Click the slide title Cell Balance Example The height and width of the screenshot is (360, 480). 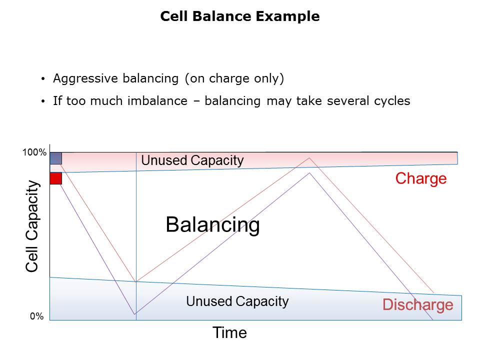click(x=239, y=16)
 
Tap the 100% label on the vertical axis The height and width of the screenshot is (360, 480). click(x=34, y=153)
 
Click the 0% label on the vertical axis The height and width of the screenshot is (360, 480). click(x=36, y=316)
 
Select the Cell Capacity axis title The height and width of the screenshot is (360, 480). click(x=32, y=226)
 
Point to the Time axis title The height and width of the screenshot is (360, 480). click(x=229, y=332)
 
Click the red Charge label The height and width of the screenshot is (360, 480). click(x=421, y=178)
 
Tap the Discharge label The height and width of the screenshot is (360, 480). click(x=418, y=304)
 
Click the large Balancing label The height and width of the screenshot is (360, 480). click(x=212, y=225)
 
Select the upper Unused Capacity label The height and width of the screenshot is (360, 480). click(x=192, y=160)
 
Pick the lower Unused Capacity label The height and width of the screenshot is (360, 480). click(x=237, y=301)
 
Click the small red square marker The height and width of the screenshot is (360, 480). click(x=55, y=178)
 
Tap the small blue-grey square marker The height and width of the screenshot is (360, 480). click(x=55, y=158)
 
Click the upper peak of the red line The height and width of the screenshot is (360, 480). click(x=310, y=158)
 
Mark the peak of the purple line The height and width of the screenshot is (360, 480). click(x=310, y=173)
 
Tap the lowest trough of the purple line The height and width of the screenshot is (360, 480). click(x=134, y=314)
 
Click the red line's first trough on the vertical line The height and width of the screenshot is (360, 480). click(x=136, y=281)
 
